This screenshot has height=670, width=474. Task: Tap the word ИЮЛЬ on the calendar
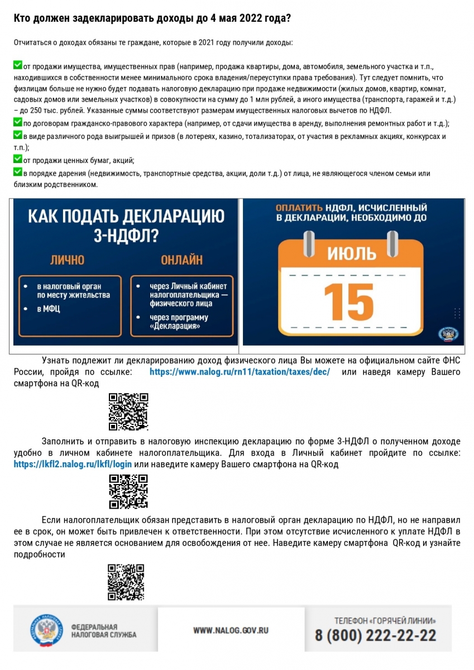[x=351, y=254]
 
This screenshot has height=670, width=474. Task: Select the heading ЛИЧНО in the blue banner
[x=68, y=260]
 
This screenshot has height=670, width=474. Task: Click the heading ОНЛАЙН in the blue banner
[x=181, y=260]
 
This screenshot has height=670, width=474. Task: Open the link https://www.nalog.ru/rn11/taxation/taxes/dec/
[x=240, y=372]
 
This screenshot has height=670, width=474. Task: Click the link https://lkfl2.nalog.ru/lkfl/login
[x=73, y=464]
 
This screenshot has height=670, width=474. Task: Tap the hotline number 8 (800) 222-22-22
[x=375, y=635]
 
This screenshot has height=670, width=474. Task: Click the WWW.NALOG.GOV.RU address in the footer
[x=231, y=630]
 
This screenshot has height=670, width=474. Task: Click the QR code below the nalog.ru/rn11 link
[x=128, y=412]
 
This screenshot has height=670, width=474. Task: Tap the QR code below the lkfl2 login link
[x=128, y=492]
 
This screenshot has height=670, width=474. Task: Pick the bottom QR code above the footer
[x=126, y=582]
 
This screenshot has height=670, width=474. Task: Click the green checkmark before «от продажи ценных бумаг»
[x=17, y=160]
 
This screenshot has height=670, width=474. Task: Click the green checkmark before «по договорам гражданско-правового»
[x=17, y=122]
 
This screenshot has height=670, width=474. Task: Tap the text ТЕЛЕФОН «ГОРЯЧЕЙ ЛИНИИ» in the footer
[x=385, y=620]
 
